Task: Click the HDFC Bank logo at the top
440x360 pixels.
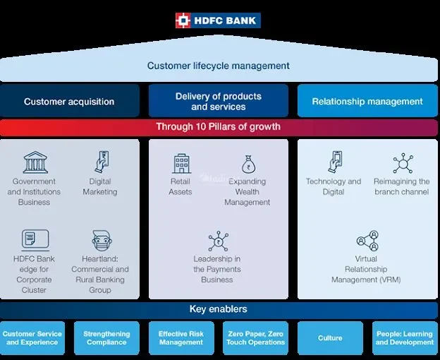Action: click(x=218, y=20)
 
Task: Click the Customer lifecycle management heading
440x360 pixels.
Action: click(x=219, y=66)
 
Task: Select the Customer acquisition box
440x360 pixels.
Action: click(x=69, y=101)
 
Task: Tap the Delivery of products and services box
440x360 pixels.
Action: click(x=219, y=101)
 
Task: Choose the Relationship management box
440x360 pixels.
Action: click(x=367, y=101)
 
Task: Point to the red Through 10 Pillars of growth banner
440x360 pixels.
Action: click(x=219, y=127)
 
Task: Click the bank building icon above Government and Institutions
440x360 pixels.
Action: click(x=35, y=162)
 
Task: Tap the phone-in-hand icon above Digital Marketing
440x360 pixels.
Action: click(x=102, y=162)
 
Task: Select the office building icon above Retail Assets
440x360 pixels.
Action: click(x=181, y=163)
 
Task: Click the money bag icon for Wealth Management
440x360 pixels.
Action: click(x=249, y=164)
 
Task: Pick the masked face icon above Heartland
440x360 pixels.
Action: click(x=102, y=241)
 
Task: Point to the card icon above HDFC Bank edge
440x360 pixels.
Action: click(x=35, y=240)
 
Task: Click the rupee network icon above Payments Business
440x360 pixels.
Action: click(x=219, y=241)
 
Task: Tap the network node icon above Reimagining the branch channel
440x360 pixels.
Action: click(x=403, y=163)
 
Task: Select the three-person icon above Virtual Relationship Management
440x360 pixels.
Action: click(x=367, y=241)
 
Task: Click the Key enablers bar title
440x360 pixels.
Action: click(x=219, y=309)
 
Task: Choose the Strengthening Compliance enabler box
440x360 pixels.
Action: click(x=106, y=338)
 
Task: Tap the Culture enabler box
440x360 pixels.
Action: click(x=330, y=338)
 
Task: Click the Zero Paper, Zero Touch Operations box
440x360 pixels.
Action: click(x=256, y=338)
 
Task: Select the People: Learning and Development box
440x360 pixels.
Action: click(x=405, y=338)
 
